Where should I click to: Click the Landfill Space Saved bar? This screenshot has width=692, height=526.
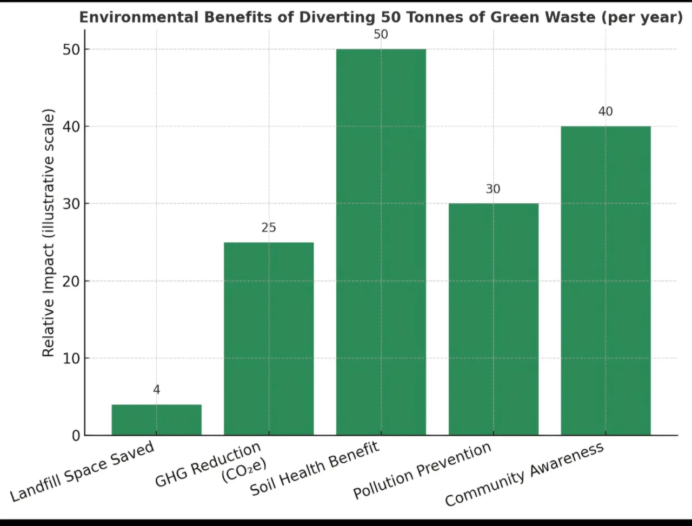click(156, 420)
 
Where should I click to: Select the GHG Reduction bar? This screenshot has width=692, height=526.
click(269, 339)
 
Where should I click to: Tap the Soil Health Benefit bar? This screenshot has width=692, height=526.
click(381, 242)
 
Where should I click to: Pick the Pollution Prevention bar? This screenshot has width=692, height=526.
click(494, 319)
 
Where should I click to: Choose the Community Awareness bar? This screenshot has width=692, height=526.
click(605, 281)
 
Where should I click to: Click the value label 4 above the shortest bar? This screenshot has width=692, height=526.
click(157, 390)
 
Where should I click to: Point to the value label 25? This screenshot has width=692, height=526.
click(269, 228)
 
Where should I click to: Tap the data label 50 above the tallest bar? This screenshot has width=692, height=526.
click(381, 35)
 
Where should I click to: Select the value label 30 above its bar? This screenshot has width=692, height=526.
click(493, 189)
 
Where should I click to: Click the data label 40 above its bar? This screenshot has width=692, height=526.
click(605, 111)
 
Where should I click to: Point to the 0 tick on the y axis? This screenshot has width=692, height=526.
click(76, 436)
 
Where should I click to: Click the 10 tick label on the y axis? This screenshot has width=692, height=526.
click(72, 358)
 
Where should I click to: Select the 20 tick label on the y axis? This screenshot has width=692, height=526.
click(72, 281)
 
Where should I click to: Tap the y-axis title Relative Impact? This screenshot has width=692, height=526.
click(49, 232)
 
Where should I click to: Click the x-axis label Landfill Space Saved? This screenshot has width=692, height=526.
click(82, 471)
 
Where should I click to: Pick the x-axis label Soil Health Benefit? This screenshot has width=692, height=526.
click(315, 469)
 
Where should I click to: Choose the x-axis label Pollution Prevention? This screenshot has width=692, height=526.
click(422, 470)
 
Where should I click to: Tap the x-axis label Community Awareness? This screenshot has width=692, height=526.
click(524, 474)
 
